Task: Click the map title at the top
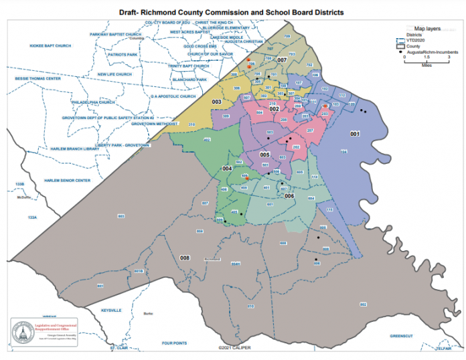(x=232, y=12)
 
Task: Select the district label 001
(x=356, y=134)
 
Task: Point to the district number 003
(x=216, y=102)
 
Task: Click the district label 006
(x=290, y=196)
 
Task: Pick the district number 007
(x=282, y=60)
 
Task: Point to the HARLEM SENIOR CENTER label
(x=67, y=181)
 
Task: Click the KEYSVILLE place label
(x=110, y=311)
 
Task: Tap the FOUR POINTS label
(x=175, y=343)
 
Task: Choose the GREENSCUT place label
(x=404, y=335)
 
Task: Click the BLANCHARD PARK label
(x=189, y=80)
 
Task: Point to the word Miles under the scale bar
(x=426, y=66)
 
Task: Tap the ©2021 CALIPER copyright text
(x=233, y=348)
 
